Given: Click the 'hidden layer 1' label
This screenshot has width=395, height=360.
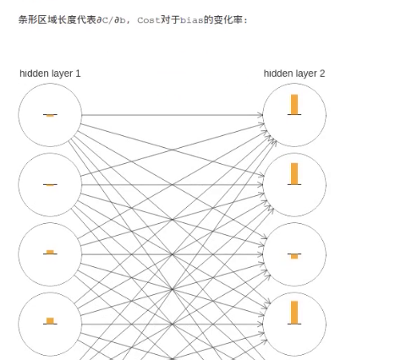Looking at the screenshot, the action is tap(50, 74).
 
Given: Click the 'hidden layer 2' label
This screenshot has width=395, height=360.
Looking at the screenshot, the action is tap(294, 74).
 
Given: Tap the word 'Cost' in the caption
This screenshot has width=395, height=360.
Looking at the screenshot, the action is tap(149, 20).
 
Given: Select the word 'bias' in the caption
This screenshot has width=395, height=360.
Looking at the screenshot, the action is tap(192, 20).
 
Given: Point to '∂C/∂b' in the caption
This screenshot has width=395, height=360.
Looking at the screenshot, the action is tap(111, 20).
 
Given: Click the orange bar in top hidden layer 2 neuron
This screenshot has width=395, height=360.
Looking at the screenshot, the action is tap(294, 105).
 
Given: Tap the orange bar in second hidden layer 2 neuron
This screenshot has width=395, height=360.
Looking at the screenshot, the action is tap(294, 173).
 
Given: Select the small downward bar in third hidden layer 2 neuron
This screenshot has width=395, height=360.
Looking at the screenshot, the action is tap(294, 256).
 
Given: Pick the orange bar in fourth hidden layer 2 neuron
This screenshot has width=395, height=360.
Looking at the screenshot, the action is tap(294, 313).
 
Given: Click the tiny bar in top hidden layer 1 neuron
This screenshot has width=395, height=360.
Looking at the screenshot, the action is tap(50, 116).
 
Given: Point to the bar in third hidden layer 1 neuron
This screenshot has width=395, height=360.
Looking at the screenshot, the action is tap(50, 252).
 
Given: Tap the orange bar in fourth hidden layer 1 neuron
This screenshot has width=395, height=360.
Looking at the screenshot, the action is tap(50, 321).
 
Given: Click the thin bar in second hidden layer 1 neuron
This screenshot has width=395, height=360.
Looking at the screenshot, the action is tap(50, 185).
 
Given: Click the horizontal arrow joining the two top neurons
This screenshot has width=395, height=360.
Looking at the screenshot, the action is tap(173, 115).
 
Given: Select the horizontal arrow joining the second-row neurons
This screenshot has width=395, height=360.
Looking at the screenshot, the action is tap(173, 185).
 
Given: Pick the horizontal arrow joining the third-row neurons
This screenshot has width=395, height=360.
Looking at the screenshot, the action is tap(173, 254).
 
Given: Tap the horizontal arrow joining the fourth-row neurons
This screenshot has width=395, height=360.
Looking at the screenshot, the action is tap(173, 325).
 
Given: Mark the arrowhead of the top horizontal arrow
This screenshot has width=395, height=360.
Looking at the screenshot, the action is tap(261, 115).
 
